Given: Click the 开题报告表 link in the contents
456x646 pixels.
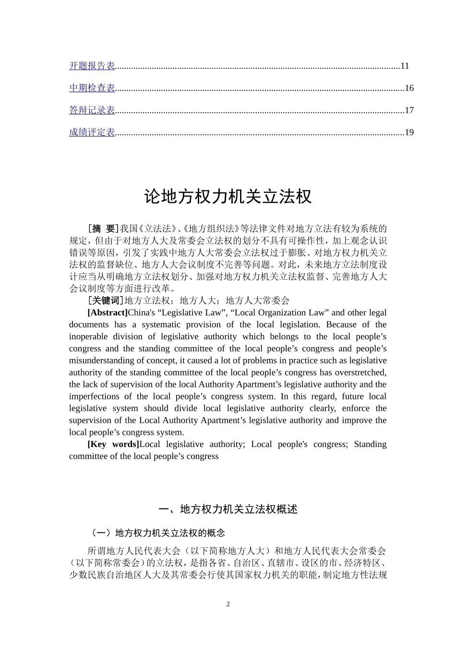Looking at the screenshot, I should pyautogui.click(x=92, y=66).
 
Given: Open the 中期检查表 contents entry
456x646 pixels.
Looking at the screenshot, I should pyautogui.click(x=92, y=88).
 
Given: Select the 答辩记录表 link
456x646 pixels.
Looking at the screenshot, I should pyautogui.click(x=92, y=110).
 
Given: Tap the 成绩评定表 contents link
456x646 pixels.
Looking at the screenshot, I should pyautogui.click(x=92, y=132).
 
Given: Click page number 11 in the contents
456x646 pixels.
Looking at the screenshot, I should pyautogui.click(x=405, y=66).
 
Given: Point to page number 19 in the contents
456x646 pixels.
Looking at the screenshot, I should pyautogui.click(x=409, y=132).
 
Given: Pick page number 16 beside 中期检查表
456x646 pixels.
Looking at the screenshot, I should pyautogui.click(x=409, y=88).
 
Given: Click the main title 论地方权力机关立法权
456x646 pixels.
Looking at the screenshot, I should pyautogui.click(x=228, y=197).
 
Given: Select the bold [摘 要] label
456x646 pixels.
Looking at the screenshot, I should pyautogui.click(x=103, y=228).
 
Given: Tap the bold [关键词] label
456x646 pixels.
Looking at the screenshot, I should pyautogui.click(x=106, y=300).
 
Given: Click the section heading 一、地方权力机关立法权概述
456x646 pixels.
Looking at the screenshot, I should pyautogui.click(x=228, y=509).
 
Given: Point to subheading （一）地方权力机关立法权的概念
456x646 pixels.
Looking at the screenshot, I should pyautogui.click(x=157, y=533).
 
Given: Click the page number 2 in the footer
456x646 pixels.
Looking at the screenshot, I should pyautogui.click(x=228, y=604).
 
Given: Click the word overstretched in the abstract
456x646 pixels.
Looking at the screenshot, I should pyautogui.click(x=361, y=373).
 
